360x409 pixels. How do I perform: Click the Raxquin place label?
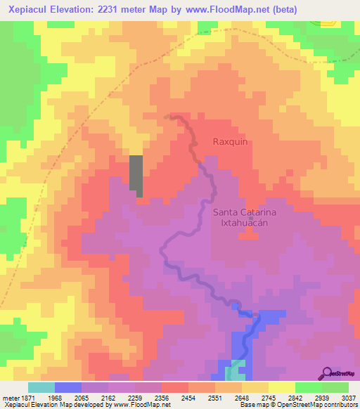coord(231,141)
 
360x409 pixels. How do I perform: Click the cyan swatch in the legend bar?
coord(41,387)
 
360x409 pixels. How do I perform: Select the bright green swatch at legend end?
coord(335,387)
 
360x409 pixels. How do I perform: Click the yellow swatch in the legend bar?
coord(281,387)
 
